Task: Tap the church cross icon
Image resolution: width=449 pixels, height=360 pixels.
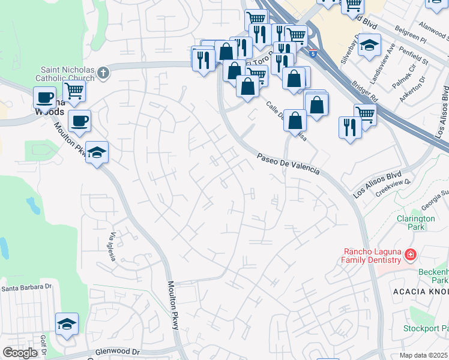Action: point(103,73)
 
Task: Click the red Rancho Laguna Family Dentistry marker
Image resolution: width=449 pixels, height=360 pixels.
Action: point(411,255)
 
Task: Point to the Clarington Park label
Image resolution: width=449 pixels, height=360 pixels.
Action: point(415,223)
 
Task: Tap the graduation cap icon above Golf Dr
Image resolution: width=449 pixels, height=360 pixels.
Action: point(67,324)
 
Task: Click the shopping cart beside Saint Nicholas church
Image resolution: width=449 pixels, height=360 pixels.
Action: point(74,91)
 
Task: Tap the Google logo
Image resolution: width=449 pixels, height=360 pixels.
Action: point(20,353)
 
